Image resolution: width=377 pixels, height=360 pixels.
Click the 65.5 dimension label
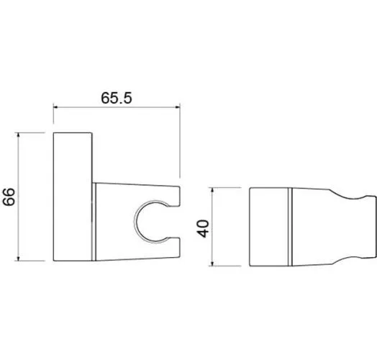(117, 98)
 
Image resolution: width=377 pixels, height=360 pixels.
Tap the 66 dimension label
(9, 197)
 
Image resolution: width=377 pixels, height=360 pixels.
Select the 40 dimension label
(203, 229)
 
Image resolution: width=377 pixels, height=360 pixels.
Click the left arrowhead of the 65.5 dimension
(56, 107)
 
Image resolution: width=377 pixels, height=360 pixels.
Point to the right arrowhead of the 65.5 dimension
(178, 107)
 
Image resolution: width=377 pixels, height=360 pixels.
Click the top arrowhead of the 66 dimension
(19, 135)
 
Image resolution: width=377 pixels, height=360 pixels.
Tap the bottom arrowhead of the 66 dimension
(19, 258)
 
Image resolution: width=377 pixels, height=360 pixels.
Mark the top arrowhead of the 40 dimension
(212, 190)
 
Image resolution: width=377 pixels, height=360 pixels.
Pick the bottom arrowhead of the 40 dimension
(212, 264)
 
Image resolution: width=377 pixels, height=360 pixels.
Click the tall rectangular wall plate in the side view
(73, 197)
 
